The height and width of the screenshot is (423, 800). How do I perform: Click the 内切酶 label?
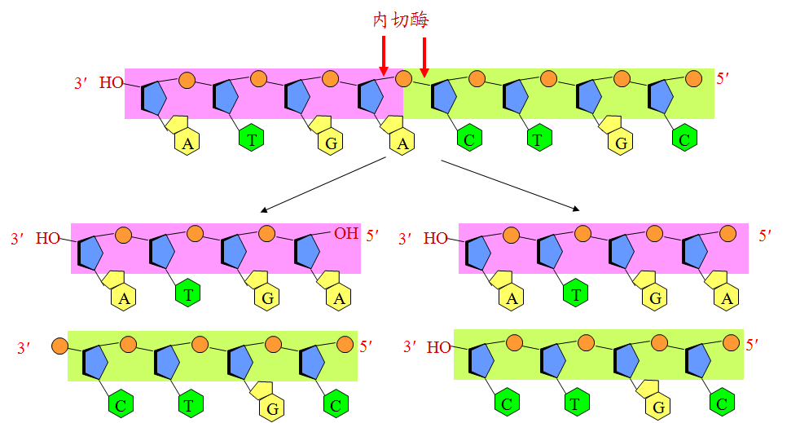tap(400, 20)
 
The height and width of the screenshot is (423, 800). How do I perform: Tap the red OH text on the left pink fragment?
tap(346, 234)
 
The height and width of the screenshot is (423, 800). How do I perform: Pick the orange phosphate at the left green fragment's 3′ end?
tap(59, 346)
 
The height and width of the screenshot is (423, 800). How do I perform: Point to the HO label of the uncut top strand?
tap(112, 82)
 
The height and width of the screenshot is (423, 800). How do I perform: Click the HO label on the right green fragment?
tap(439, 347)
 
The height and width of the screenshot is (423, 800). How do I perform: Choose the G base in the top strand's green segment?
tap(621, 143)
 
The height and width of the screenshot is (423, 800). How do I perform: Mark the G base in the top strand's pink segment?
tap(331, 143)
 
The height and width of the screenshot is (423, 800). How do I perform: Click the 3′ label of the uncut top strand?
tap(81, 83)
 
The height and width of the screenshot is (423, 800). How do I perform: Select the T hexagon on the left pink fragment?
tap(188, 295)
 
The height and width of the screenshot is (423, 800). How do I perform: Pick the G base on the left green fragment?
tap(273, 408)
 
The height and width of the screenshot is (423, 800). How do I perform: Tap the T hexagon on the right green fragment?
tap(577, 403)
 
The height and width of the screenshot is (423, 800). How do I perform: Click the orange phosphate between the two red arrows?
tap(403, 79)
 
